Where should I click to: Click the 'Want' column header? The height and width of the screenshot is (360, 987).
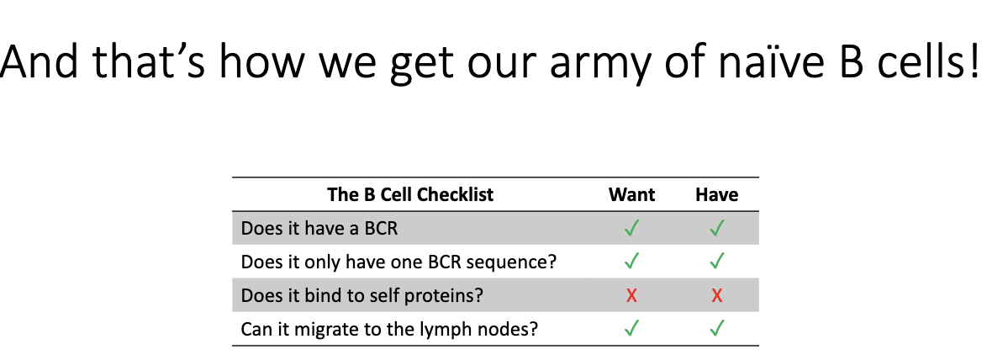click(631, 195)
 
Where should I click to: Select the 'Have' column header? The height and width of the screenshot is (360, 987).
click(716, 195)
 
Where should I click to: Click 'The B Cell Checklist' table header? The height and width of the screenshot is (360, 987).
click(410, 195)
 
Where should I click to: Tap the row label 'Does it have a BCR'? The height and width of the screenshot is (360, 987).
click(319, 228)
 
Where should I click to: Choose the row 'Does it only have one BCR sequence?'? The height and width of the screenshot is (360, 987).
click(398, 262)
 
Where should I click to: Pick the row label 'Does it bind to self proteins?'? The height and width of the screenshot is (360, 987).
click(362, 295)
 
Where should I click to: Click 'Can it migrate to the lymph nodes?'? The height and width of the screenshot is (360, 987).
click(388, 329)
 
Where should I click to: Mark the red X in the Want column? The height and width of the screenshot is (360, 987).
click(631, 295)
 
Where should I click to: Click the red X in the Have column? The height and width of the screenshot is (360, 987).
click(716, 295)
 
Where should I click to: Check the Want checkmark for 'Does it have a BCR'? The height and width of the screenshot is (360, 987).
click(631, 228)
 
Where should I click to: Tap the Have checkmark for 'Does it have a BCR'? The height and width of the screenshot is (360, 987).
click(716, 228)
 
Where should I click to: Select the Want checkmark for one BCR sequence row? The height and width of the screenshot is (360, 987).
click(631, 262)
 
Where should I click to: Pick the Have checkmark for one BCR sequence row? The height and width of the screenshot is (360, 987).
click(716, 262)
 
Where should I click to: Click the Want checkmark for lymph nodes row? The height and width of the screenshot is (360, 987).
click(631, 329)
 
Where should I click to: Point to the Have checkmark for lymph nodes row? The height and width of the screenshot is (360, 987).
click(716, 329)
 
